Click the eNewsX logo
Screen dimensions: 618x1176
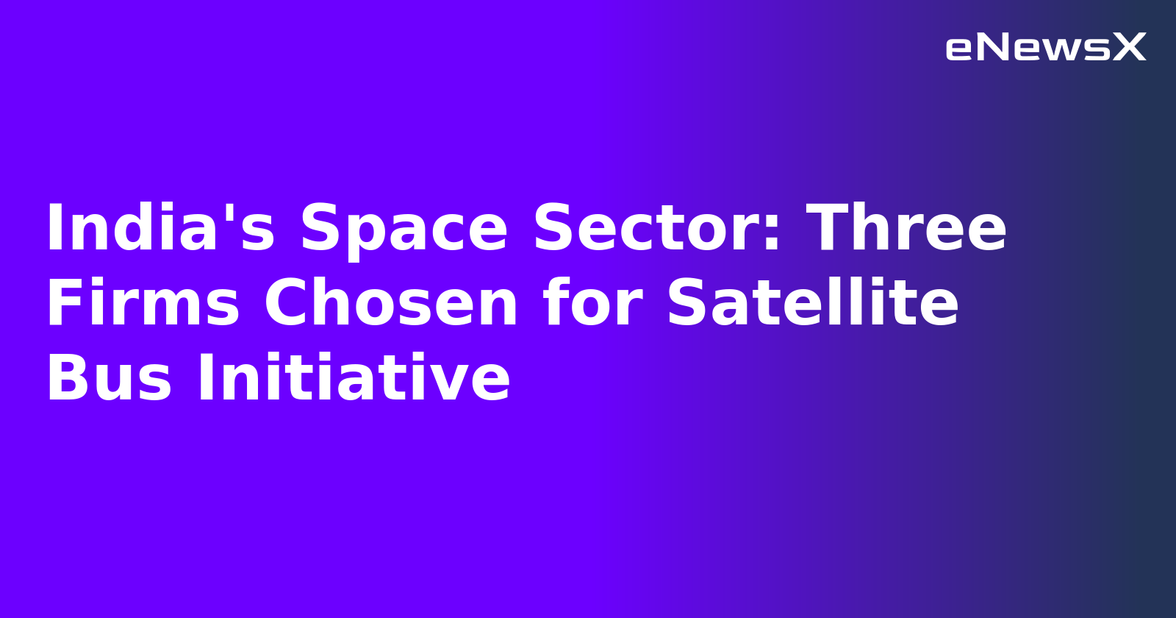coord(1045,48)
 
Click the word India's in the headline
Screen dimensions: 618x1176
coord(160,228)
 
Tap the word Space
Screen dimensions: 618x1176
coord(404,230)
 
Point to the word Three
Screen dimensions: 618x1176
coord(906,228)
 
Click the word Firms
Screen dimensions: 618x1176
coord(143,303)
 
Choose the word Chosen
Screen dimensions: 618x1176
coord(391,303)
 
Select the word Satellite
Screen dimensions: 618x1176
coord(812,303)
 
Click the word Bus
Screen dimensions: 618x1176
coord(109,378)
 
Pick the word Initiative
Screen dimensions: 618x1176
coord(353,378)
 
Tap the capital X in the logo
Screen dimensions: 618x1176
coord(1129,48)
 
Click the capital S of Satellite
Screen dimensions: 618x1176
coord(689,303)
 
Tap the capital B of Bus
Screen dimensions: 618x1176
coord(66,378)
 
